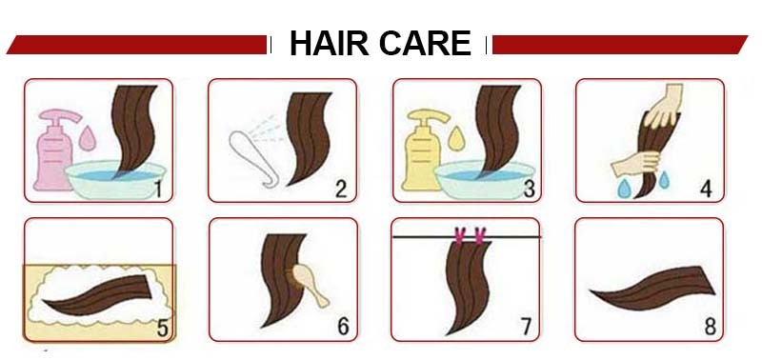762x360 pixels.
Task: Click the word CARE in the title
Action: pos(425,43)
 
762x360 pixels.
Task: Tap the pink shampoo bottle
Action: pos(53,150)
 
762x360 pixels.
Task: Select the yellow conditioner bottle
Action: pos(423,150)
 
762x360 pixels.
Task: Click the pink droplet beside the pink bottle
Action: pos(87,138)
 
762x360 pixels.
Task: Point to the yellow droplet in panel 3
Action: pos(456,138)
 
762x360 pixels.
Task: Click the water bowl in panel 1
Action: pos(115,179)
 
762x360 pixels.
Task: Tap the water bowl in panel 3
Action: pos(485,179)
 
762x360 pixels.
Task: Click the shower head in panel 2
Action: pos(249,156)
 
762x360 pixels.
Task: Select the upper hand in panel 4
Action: pos(666,105)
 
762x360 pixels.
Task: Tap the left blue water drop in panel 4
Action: pos(624,188)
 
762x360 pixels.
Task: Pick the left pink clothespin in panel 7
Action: pos(459,234)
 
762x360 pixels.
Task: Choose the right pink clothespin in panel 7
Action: pos(480,234)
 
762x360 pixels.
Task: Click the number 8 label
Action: pos(710,327)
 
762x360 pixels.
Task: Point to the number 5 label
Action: pos(162,329)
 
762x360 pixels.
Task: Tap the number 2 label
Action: pos(341,189)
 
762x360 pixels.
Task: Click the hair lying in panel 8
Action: pos(652,289)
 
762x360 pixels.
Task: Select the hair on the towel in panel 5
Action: pos(97,295)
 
